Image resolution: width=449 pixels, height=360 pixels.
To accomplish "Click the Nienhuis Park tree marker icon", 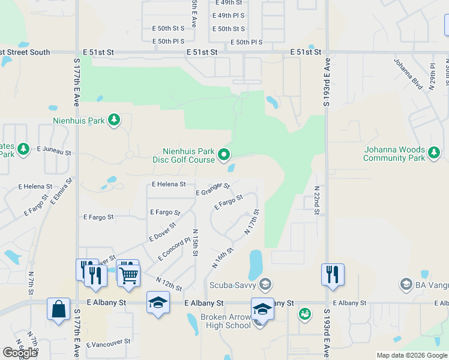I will click(114, 121).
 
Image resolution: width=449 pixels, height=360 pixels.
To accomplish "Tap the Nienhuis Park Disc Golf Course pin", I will click(224, 155).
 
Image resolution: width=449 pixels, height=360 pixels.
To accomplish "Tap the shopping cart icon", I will click(128, 275).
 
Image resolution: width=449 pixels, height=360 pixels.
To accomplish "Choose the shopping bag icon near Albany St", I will click(58, 310).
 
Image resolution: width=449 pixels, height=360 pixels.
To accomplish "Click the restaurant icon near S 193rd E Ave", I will click(333, 274).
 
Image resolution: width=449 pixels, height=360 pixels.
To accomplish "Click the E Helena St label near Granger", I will click(169, 184).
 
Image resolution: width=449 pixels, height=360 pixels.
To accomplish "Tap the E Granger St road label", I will click(213, 190).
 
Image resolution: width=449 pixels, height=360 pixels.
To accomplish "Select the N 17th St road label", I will click(252, 221).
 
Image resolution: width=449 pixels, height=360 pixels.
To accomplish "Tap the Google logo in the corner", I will click(20, 353).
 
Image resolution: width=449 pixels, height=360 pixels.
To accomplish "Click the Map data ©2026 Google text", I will click(411, 355).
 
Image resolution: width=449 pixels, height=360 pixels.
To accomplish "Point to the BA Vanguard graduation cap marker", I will click(406, 284).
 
